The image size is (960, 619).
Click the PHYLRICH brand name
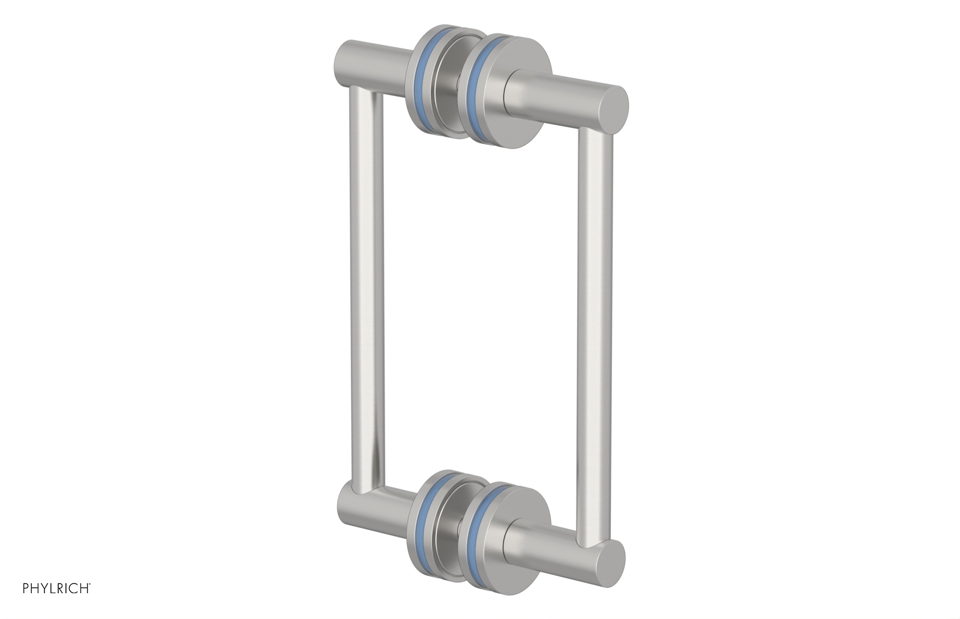click(x=55, y=588)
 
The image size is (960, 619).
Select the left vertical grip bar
click(x=367, y=288)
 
